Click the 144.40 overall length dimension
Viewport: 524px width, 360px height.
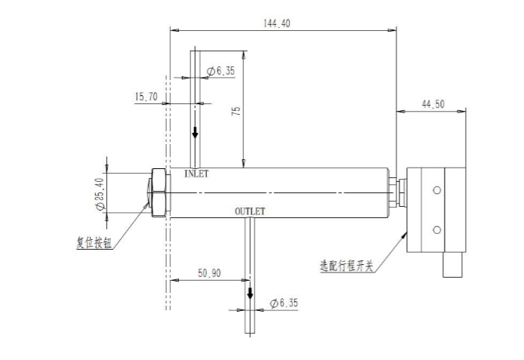point(277,23)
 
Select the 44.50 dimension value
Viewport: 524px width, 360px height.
point(432,104)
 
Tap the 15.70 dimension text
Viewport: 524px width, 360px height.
point(146,97)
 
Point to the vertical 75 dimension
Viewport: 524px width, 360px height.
point(236,109)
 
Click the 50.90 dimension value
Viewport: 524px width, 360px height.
point(209,273)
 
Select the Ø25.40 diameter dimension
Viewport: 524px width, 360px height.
point(98,194)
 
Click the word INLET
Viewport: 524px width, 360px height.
point(196,174)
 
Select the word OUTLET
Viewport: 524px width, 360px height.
point(250,211)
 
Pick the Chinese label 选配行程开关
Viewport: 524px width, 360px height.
point(347,266)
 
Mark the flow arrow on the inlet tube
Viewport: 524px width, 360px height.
point(195,133)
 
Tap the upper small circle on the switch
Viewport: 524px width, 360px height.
point(436,190)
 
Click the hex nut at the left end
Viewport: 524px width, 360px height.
point(159,193)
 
